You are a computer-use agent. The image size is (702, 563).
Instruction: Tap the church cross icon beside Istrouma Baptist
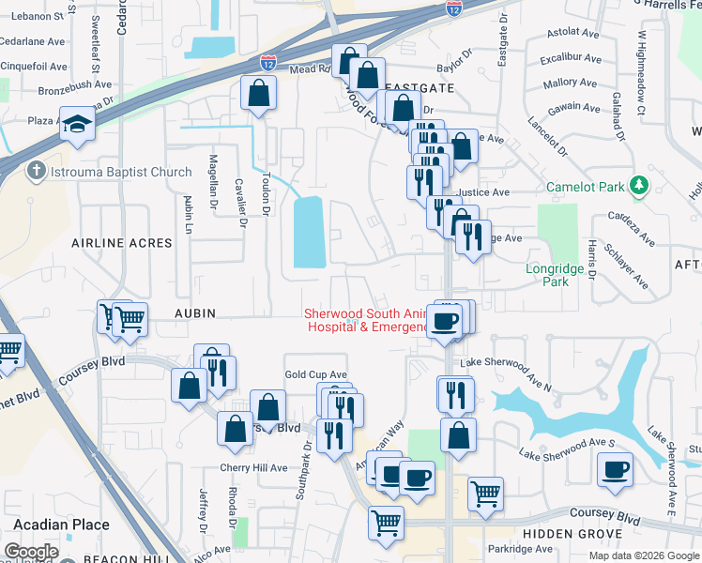pos(36,171)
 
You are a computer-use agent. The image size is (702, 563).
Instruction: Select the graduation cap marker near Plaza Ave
pos(76,123)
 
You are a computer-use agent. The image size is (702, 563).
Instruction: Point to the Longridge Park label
pos(556,275)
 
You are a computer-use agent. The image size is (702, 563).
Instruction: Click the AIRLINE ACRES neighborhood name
pos(122,243)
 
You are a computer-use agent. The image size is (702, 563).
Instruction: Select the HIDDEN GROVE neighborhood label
pos(567,533)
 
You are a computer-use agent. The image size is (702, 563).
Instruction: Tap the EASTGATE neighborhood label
pos(420,87)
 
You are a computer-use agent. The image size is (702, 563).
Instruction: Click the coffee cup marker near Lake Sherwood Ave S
pos(617,469)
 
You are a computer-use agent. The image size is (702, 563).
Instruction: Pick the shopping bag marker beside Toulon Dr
pos(257,94)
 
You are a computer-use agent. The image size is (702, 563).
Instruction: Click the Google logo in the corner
pos(31,552)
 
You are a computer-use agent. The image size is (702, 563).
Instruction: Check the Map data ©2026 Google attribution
pos(642,555)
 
